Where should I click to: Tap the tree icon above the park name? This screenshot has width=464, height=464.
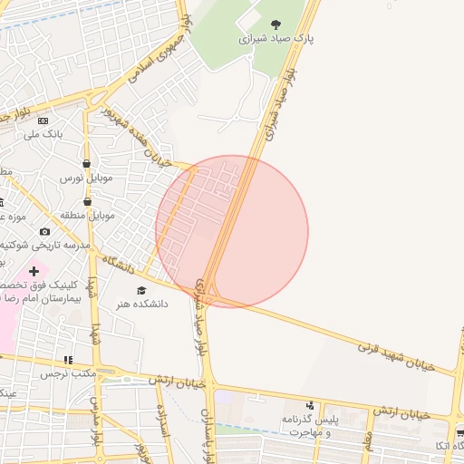point(276,24)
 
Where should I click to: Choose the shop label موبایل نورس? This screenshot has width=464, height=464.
point(85,179)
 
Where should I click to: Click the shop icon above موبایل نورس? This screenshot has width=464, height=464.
point(86,164)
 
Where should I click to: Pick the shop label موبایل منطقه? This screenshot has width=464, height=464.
point(89,216)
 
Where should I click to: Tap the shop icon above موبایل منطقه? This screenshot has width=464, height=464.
point(88,202)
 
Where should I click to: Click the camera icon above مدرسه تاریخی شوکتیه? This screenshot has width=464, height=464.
point(45,232)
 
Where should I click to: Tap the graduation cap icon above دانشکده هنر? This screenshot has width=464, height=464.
point(140,290)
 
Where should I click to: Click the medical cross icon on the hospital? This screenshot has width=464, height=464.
point(34,271)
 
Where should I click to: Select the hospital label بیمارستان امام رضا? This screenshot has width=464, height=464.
point(41,297)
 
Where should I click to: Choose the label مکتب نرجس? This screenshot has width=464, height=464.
point(68,373)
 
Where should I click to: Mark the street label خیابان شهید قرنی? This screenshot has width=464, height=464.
point(396,354)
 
